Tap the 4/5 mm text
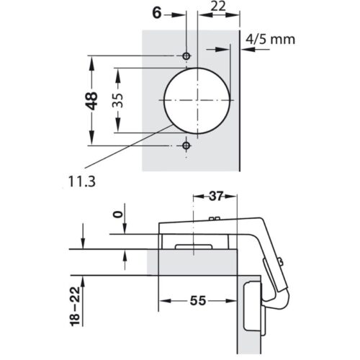coord(270,39)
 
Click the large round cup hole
coord(197,100)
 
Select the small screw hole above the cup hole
coord(187,55)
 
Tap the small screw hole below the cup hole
coord(187,145)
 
